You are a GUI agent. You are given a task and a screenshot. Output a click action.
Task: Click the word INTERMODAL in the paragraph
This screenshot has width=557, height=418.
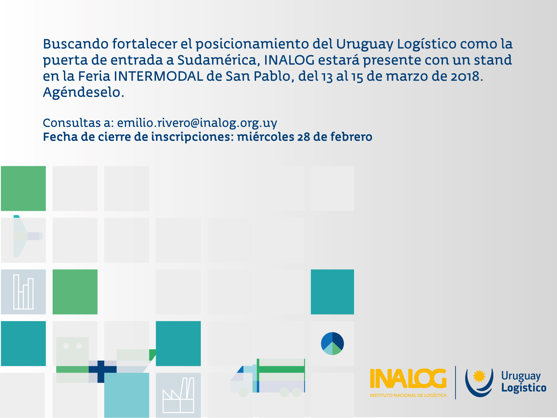[x=158, y=76]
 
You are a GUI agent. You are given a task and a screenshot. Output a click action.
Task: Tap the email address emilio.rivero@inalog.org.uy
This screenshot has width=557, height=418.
[x=197, y=123]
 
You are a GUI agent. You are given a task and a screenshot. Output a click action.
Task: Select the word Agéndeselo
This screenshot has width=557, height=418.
[x=83, y=92]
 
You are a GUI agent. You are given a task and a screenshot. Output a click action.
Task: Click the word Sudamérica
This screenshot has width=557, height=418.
[x=217, y=60]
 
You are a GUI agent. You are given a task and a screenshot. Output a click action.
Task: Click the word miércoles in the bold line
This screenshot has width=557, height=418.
[x=266, y=137]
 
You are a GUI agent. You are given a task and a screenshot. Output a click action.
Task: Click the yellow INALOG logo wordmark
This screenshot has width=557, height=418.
[x=408, y=379]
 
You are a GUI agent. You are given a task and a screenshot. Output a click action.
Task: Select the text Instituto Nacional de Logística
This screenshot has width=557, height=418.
[x=408, y=395]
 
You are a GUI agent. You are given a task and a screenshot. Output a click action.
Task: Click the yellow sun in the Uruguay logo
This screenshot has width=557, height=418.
[x=479, y=376]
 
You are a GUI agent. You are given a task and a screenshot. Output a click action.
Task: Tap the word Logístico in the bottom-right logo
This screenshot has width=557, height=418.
[x=524, y=388]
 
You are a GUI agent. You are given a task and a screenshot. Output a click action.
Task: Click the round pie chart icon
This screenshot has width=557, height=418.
[x=332, y=343]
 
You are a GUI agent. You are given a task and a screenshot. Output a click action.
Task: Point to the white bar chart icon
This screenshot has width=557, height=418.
[x=23, y=292]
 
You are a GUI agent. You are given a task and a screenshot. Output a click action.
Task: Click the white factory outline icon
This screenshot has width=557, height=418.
[x=178, y=395]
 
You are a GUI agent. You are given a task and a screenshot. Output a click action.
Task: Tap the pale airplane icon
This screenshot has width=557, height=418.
[x=26, y=236]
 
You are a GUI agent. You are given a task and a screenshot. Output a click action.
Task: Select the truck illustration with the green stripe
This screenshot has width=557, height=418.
[x=268, y=377]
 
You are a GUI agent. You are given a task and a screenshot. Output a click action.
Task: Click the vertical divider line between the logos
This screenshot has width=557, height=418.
[x=455, y=382]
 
